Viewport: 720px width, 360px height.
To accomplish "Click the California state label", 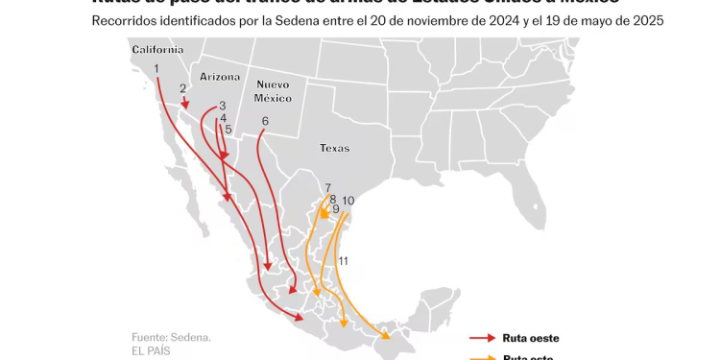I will point(157,50).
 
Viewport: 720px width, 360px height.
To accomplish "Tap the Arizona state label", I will point(220,76).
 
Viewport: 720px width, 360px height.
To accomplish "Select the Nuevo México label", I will point(273,91).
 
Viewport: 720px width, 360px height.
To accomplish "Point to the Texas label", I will point(335,148).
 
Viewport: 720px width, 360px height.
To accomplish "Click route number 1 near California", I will point(156,68).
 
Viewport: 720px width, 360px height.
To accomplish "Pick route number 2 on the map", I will point(182,88).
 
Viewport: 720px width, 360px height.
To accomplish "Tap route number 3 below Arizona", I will point(222,106).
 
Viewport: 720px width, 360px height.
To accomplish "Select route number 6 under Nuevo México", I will point(265,121).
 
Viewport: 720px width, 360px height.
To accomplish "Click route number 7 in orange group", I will point(328,188).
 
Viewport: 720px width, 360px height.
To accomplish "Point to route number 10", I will point(348,201).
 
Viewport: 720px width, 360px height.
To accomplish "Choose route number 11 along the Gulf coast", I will point(343,260).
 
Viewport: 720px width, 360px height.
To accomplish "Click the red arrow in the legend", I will point(481,338).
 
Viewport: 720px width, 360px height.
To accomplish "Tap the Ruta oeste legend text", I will point(530,338).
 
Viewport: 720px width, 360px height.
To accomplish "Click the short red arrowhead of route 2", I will point(186,105).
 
